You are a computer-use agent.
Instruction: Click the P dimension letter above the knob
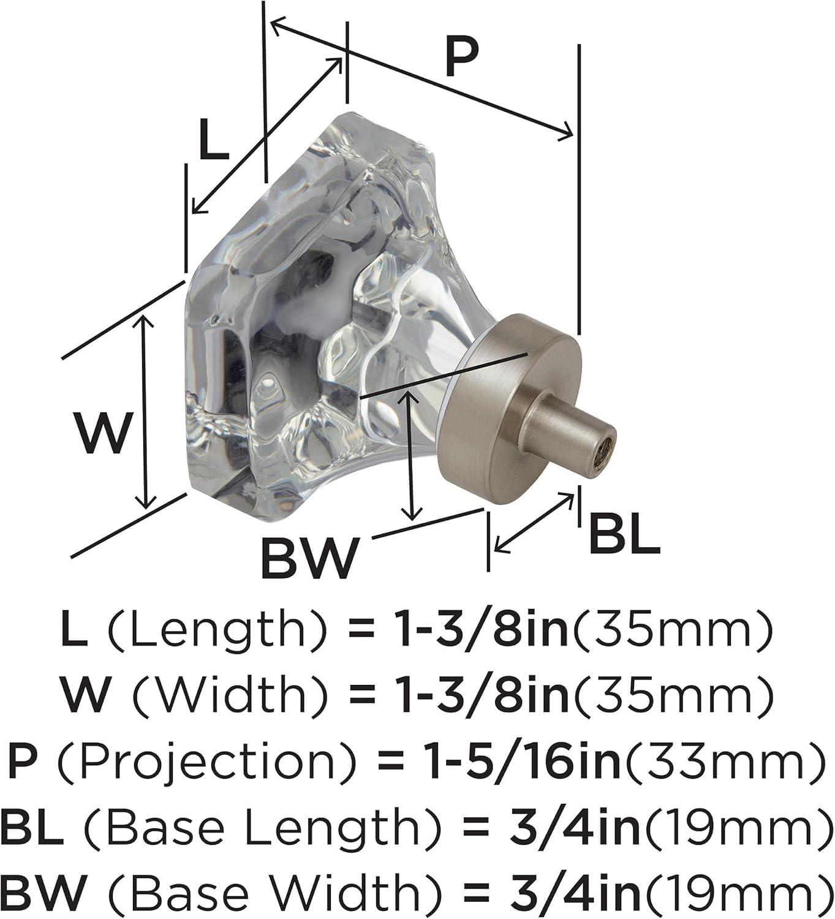click(x=461, y=58)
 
